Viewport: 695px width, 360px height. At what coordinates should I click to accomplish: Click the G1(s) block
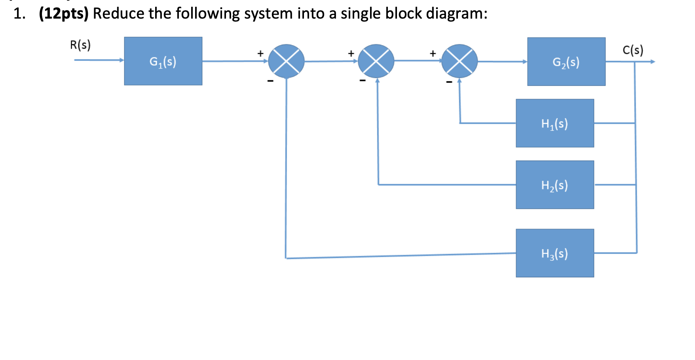click(163, 61)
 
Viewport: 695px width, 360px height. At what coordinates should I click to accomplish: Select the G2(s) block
click(566, 62)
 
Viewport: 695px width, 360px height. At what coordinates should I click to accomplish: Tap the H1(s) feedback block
click(554, 123)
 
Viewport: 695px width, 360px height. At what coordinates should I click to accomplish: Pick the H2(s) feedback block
click(554, 185)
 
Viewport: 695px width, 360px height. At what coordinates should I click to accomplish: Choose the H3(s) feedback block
click(554, 253)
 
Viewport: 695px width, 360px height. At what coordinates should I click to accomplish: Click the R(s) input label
click(80, 45)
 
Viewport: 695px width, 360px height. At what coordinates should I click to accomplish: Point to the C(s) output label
click(633, 50)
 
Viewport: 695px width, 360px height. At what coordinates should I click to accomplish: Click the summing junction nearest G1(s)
click(286, 61)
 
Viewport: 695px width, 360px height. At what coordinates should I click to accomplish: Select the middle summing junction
click(376, 61)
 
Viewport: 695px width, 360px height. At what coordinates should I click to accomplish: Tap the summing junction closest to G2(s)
click(459, 61)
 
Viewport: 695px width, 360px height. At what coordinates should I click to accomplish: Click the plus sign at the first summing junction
click(260, 53)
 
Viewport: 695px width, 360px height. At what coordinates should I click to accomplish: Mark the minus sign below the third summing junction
click(449, 82)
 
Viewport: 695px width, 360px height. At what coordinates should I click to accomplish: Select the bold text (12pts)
click(64, 13)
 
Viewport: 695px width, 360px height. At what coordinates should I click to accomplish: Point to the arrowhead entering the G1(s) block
click(122, 60)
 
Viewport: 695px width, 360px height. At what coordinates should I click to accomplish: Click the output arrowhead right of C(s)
click(653, 62)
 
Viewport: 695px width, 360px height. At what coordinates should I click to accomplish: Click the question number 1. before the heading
click(19, 14)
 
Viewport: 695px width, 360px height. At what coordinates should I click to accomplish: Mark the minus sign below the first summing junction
click(270, 81)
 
